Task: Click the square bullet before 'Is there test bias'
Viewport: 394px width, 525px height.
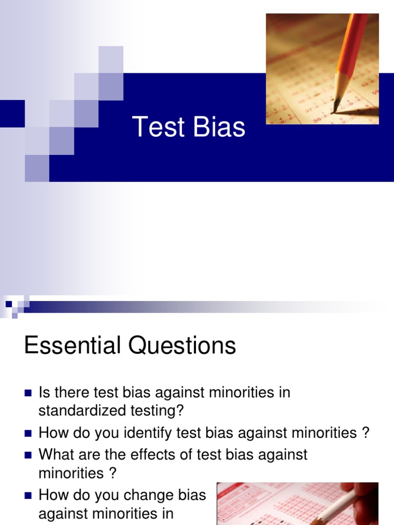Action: pos(28,393)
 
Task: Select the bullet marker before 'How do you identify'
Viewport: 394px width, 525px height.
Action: pos(28,433)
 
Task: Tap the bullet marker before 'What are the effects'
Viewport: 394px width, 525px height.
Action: pos(28,455)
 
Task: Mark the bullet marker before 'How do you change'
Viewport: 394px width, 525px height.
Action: pos(28,496)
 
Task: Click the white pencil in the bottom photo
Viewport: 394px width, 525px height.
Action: pos(339,508)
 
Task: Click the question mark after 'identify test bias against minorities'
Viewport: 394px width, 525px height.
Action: pos(365,433)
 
